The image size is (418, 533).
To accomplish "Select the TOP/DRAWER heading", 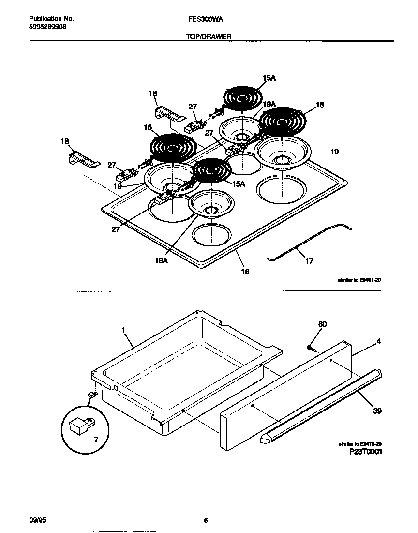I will click(x=209, y=36).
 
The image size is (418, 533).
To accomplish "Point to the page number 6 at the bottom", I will click(x=206, y=520).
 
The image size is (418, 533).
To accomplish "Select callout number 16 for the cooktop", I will click(x=245, y=272).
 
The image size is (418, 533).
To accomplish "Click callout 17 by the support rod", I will click(x=309, y=261).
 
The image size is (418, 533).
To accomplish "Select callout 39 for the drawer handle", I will click(x=377, y=411).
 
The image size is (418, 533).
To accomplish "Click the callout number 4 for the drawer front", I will click(x=379, y=341).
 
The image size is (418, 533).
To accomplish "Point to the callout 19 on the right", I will click(x=334, y=152).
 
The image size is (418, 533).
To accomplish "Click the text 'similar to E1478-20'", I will click(x=360, y=443).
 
